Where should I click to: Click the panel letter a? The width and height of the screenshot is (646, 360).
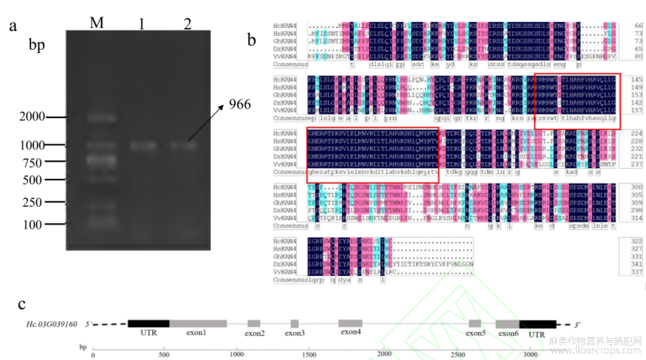point(13,26)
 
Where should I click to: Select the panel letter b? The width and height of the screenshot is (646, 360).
point(251,38)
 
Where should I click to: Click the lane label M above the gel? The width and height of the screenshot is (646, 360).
point(96,22)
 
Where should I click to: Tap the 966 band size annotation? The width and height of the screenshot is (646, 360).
point(239,103)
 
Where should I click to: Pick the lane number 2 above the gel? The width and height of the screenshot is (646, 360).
point(187,22)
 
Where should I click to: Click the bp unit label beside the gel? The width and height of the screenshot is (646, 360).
point(37,45)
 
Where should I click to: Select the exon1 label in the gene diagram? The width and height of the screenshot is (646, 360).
point(197,333)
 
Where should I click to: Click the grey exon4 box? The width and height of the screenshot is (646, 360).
point(351,323)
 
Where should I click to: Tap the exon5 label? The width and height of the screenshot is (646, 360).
point(476,333)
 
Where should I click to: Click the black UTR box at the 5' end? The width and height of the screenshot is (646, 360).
point(148,323)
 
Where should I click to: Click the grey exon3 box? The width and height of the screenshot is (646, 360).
point(295,323)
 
